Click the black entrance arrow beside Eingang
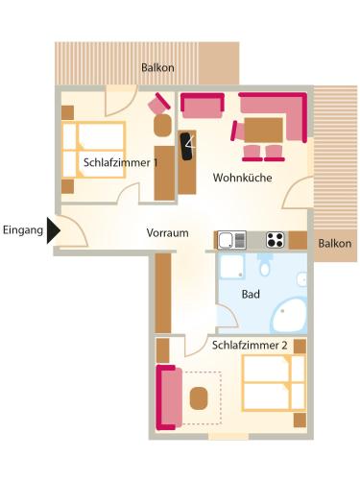click(53, 230)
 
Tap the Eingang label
click(23, 230)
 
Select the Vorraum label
click(167, 232)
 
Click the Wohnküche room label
click(243, 178)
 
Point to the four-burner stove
click(276, 240)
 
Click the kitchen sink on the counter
click(232, 240)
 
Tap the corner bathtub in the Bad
click(289, 315)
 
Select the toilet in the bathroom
click(264, 265)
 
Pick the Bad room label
click(251, 294)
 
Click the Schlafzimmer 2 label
click(250, 346)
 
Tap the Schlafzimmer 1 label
click(120, 162)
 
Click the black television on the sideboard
click(188, 146)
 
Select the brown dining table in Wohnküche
click(264, 130)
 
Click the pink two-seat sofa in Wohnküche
click(203, 106)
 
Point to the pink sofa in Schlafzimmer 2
click(169, 397)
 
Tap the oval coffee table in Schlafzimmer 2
click(199, 398)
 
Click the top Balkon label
click(157, 67)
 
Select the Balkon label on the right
click(335, 244)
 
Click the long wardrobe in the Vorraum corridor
click(163, 293)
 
